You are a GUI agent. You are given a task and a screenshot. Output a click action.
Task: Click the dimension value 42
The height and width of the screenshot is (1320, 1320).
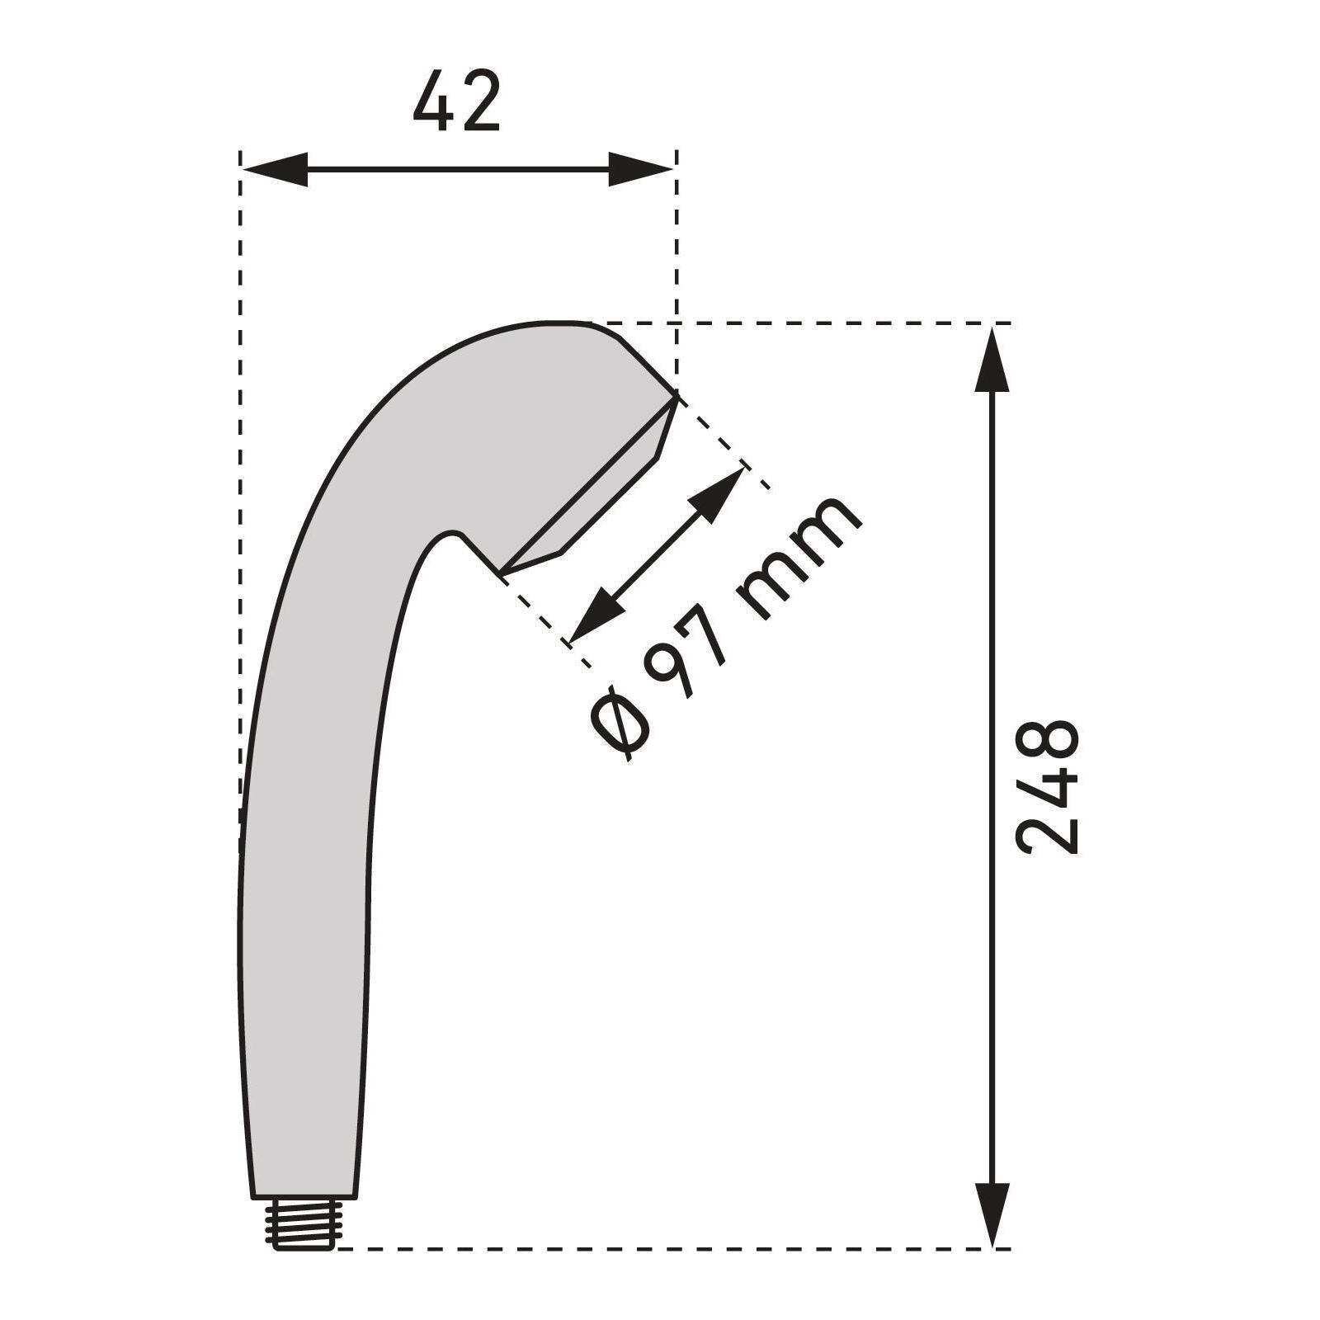(456, 101)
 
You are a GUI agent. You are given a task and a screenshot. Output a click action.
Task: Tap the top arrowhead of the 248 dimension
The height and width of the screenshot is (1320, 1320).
(992, 359)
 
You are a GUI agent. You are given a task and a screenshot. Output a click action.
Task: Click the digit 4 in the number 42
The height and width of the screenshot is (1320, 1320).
(435, 101)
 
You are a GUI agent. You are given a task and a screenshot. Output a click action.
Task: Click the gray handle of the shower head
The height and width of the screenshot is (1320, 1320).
(305, 907)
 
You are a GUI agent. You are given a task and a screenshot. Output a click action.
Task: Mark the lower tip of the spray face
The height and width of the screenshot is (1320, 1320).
(502, 572)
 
